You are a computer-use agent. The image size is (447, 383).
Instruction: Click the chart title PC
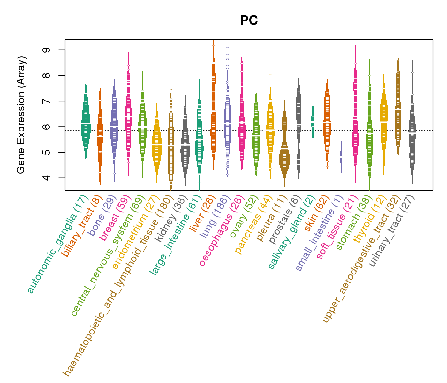tap(249, 20)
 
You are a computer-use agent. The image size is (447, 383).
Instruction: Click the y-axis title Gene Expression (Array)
tap(21, 115)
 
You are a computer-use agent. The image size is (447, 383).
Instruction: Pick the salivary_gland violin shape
tap(313, 121)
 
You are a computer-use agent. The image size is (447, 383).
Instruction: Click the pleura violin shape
tap(284, 150)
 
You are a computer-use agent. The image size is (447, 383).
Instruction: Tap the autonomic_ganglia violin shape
tap(86, 124)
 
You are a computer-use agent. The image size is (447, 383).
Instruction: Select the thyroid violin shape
tap(384, 121)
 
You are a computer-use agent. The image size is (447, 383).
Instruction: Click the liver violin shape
tap(213, 105)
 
